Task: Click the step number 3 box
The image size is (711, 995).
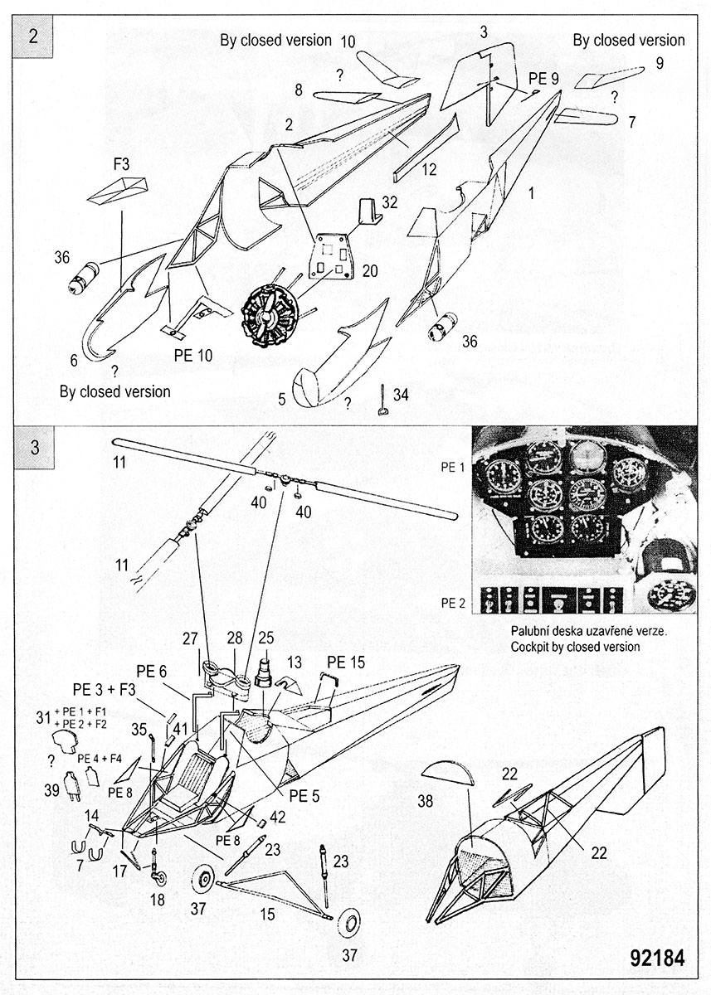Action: pos(34,446)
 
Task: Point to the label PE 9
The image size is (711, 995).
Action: pos(544,80)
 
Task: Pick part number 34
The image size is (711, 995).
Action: pos(401,395)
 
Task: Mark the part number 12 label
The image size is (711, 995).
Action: pos(430,169)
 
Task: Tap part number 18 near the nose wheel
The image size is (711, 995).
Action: pos(158,900)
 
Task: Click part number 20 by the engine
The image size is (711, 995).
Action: pos(369,272)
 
